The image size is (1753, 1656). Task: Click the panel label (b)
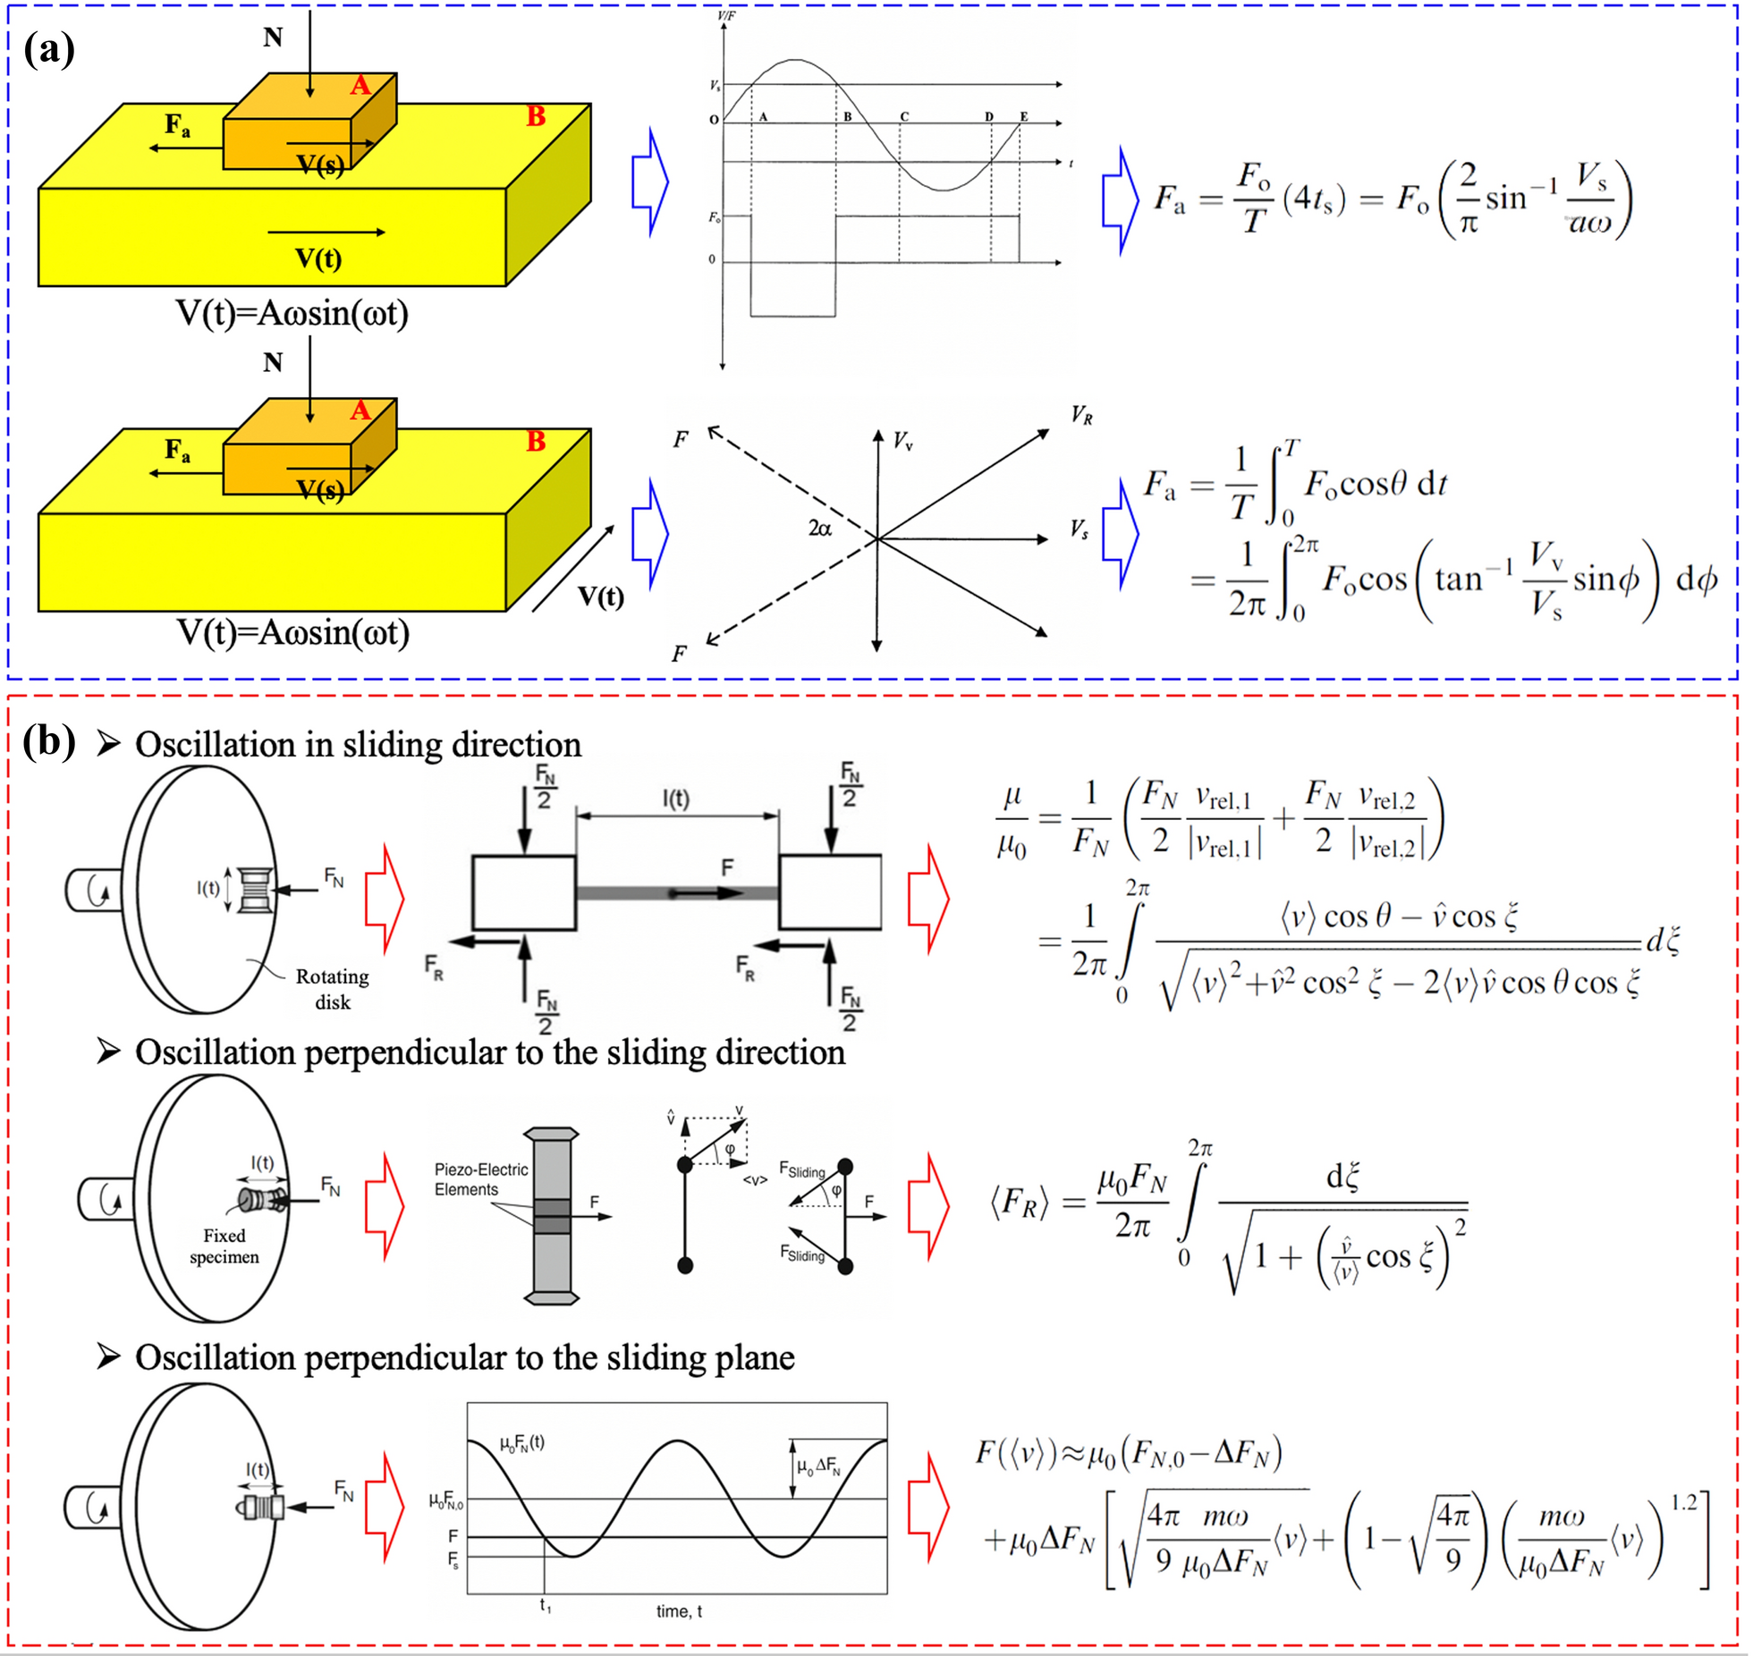(49, 741)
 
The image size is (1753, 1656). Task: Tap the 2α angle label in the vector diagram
(819, 528)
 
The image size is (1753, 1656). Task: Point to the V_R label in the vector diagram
(1081, 416)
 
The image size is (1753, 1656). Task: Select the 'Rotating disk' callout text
(332, 988)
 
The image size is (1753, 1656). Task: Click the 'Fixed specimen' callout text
(224, 1246)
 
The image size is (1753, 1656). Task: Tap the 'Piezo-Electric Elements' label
(480, 1179)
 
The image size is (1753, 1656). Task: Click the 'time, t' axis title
(679, 1610)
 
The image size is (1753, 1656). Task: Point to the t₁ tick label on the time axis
(546, 1606)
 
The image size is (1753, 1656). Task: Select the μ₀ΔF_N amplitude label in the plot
(818, 1466)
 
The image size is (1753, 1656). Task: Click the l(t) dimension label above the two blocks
(675, 798)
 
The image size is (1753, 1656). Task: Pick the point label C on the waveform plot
(904, 117)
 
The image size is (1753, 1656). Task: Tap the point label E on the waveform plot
(1024, 117)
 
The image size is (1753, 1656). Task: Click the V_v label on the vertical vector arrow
(903, 441)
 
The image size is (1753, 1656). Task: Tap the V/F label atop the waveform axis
(726, 16)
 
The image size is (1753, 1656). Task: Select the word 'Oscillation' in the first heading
(215, 745)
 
